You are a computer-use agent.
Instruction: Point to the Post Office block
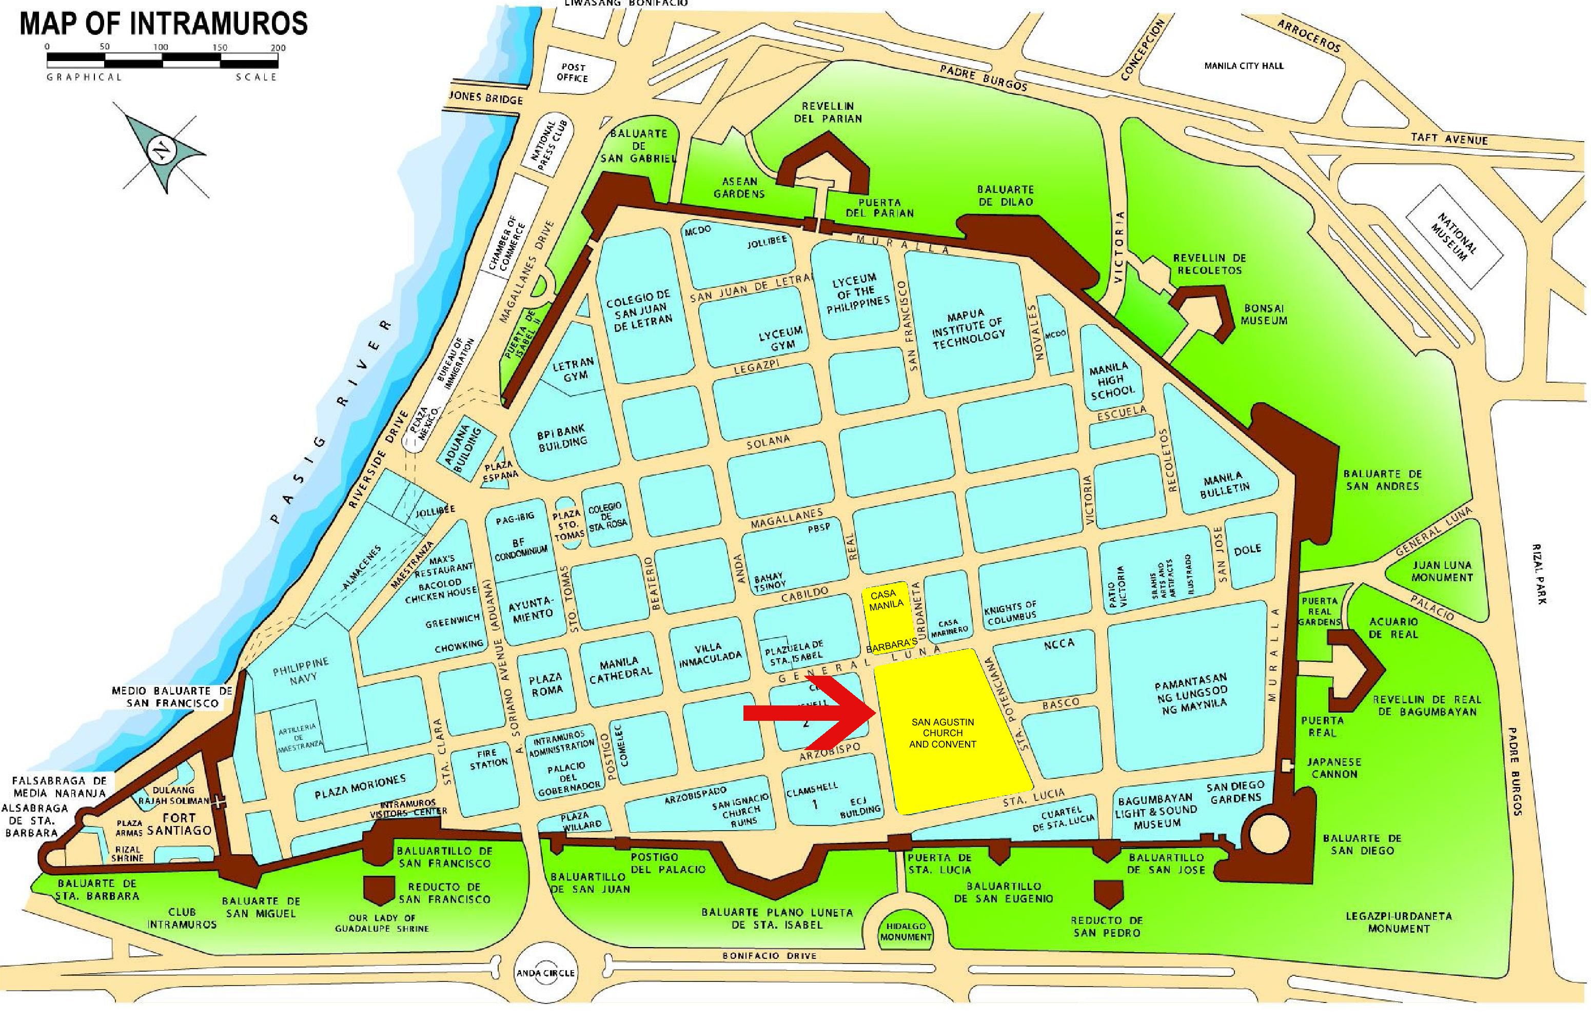coord(573,72)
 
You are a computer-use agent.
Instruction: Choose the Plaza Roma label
coord(545,684)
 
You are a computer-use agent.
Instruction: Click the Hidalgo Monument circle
coord(906,931)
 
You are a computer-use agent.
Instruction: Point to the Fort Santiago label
coord(180,824)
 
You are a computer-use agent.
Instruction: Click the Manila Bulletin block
coord(1224,484)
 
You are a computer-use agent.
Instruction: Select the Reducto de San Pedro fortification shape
coord(1107,894)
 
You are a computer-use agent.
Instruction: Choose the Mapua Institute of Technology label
coord(968,329)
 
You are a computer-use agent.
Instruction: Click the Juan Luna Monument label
coord(1441,570)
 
